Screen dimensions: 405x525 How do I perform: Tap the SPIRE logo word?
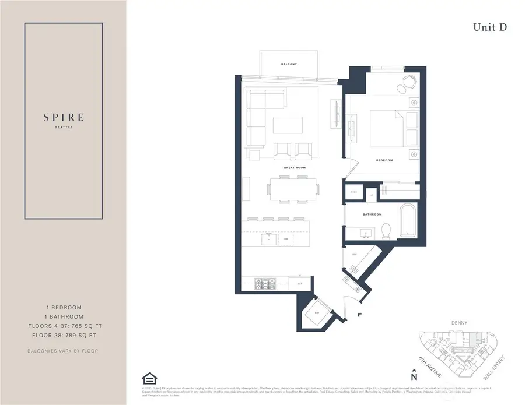tap(64, 117)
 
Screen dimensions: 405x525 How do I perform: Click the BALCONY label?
tap(289, 64)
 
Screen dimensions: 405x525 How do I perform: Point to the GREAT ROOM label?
tap(295, 167)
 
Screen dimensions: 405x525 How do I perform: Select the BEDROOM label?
tap(384, 160)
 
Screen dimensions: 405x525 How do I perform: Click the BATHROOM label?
tap(372, 214)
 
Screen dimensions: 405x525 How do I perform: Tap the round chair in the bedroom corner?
tap(402, 89)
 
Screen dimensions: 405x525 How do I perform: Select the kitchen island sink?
tap(269, 238)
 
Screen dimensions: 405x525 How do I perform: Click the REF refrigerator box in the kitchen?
tap(300, 284)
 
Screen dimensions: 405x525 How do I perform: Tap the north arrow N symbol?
tap(414, 375)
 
